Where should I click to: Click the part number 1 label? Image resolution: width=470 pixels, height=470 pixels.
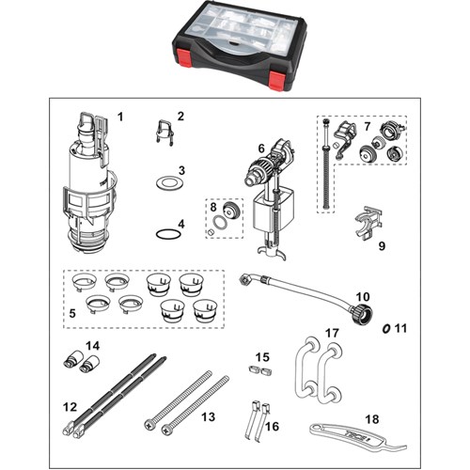[120, 117]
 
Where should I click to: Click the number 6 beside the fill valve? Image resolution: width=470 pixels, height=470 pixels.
[261, 149]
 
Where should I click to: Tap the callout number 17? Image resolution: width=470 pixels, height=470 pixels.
[332, 333]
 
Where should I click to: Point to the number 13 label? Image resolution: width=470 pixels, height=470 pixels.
[208, 417]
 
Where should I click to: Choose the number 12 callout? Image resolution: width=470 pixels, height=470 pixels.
[70, 407]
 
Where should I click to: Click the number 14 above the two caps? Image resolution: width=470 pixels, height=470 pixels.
[93, 346]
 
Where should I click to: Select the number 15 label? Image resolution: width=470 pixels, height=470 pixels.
[262, 357]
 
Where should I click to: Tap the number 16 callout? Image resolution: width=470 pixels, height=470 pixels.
[272, 426]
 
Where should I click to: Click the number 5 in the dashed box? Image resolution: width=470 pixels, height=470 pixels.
[72, 313]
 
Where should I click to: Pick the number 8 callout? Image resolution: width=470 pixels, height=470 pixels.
[213, 207]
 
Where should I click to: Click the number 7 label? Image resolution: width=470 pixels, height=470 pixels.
[368, 126]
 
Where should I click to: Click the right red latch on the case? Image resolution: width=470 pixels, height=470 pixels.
[277, 79]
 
